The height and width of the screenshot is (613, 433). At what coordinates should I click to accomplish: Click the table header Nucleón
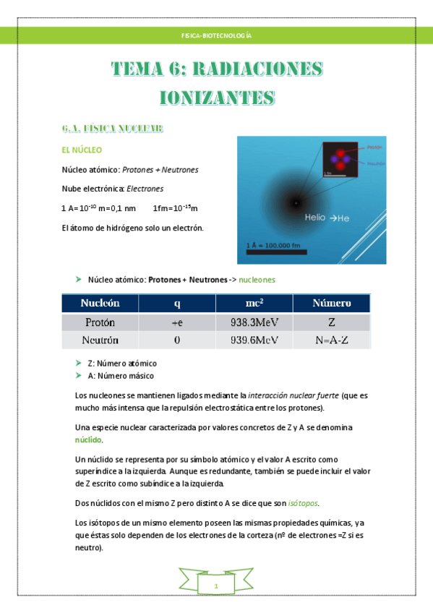[100, 303]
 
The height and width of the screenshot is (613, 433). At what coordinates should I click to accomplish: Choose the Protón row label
[100, 322]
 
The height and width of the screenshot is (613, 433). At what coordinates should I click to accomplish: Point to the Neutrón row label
[100, 340]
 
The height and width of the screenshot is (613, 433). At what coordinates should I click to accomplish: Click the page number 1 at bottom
[215, 586]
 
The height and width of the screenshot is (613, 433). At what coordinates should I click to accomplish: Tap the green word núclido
[89, 440]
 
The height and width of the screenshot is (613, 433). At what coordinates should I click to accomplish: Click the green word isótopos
[304, 502]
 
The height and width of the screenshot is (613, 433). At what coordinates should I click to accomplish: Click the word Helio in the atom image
[315, 217]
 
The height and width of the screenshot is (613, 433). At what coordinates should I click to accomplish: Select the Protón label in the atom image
[374, 146]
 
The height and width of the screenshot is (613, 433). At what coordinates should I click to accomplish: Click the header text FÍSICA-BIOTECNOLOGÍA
[216, 35]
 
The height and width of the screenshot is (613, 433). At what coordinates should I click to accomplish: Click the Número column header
[332, 303]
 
